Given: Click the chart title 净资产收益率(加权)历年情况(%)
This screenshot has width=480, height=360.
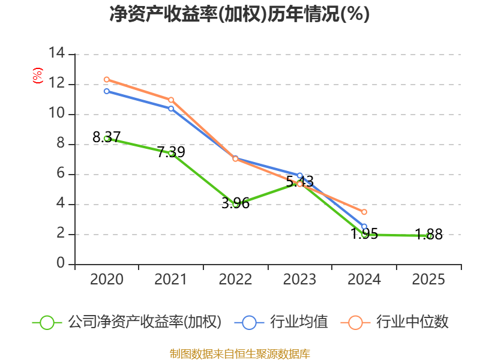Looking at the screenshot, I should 239,14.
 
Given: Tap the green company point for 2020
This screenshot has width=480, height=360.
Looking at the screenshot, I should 106,138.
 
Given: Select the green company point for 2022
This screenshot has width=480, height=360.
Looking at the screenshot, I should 235,204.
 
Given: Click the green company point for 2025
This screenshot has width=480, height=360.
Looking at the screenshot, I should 428,236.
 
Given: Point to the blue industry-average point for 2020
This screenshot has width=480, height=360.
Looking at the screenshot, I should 106,91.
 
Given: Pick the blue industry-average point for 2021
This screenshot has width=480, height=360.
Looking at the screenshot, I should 171,109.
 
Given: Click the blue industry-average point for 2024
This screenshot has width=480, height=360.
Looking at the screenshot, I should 364,227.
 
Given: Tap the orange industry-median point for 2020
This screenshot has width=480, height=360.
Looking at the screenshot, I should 106,79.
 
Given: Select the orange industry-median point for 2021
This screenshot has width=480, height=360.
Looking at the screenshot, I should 171,100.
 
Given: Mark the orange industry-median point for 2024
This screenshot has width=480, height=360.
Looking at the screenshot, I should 364,212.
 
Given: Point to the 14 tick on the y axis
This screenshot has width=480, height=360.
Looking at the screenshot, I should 57,54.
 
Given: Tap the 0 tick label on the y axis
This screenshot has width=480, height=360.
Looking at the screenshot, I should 61,264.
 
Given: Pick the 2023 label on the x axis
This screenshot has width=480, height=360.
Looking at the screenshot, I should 299,280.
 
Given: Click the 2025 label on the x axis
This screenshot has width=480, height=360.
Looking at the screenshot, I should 428,280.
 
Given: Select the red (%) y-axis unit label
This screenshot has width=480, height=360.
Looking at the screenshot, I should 37,76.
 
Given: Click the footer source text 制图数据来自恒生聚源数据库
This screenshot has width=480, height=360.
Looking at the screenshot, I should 239,353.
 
